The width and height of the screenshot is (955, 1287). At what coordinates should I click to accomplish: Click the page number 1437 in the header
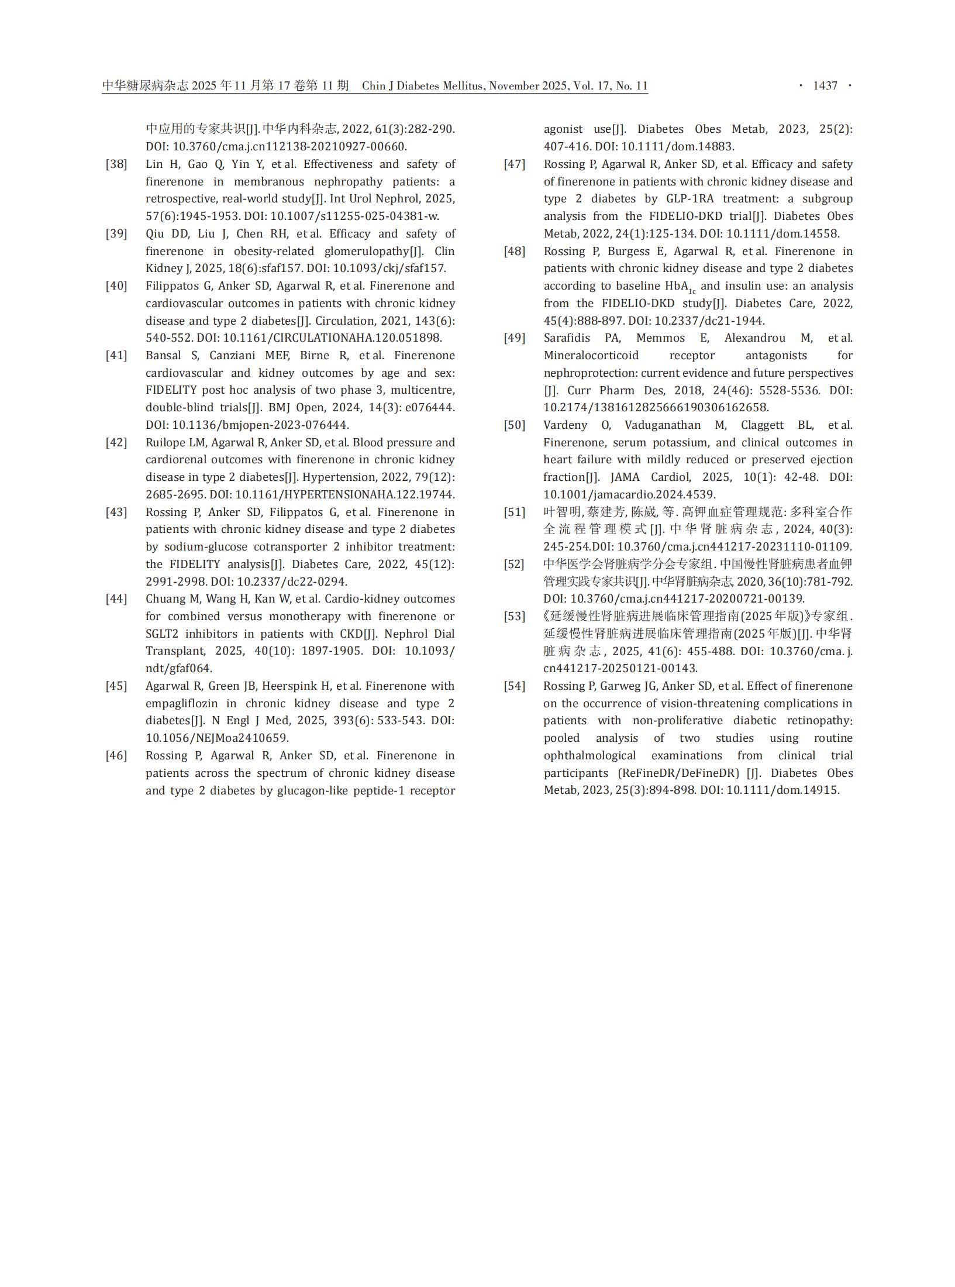[825, 86]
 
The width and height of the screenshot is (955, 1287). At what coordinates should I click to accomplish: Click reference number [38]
[116, 164]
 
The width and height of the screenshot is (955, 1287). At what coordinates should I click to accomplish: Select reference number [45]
[116, 686]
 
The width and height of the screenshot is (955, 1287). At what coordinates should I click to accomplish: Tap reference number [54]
[515, 686]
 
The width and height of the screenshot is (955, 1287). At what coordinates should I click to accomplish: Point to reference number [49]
[515, 338]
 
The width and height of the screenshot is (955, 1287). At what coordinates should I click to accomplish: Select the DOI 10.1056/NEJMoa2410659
[217, 738]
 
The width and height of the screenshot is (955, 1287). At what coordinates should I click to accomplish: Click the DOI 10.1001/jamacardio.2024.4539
[629, 495]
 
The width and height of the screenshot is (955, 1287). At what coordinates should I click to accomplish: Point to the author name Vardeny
[565, 425]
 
